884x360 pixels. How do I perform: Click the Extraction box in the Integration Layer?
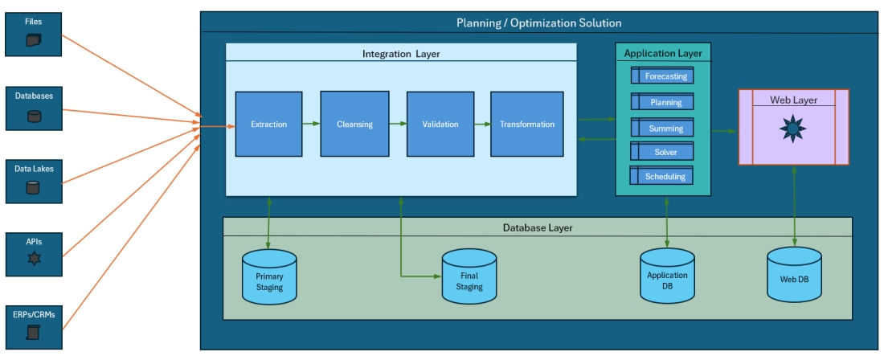268,124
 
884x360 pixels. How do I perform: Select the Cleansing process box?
354,124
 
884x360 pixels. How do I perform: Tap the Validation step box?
440,124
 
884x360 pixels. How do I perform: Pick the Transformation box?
526,124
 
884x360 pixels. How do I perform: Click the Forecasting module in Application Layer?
662,76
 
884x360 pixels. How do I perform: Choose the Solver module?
662,152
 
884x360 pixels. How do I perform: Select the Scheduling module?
662,177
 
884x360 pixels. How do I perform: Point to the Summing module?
662,128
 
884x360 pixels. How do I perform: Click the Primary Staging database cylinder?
269,277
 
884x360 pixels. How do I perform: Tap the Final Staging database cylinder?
469,277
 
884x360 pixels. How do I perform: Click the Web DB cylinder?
795,276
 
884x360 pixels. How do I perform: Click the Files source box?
34,34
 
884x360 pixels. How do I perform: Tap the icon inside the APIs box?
34,259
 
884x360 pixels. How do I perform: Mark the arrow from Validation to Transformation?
482,125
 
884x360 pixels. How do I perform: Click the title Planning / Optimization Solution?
538,22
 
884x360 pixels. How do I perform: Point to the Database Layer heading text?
538,227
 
